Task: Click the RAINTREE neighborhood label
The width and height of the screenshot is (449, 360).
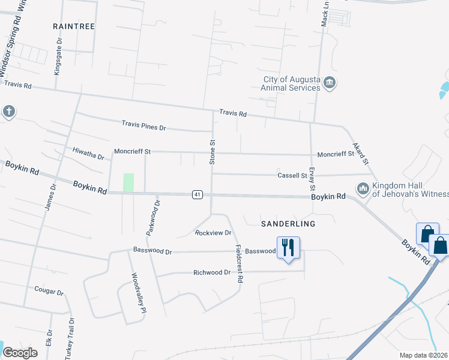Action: (74, 26)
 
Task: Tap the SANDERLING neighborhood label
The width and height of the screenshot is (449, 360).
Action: (288, 223)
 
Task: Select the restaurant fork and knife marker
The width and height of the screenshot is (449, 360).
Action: (288, 247)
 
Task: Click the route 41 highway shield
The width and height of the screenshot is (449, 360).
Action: (197, 194)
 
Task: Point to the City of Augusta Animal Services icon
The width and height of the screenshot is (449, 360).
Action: (329, 83)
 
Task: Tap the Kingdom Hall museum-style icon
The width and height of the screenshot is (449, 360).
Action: (363, 189)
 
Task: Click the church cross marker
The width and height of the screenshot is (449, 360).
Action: (8, 111)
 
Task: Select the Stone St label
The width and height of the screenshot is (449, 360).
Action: (212, 152)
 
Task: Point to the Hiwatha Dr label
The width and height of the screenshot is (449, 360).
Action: (88, 153)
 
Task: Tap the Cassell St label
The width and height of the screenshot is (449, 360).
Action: (292, 176)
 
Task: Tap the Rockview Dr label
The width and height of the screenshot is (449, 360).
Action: (213, 233)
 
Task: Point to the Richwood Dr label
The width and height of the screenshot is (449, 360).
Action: (212, 272)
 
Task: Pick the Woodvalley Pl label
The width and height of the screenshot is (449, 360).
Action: (139, 294)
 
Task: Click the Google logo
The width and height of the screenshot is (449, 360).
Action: (19, 353)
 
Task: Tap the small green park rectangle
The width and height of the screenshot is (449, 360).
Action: (128, 182)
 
